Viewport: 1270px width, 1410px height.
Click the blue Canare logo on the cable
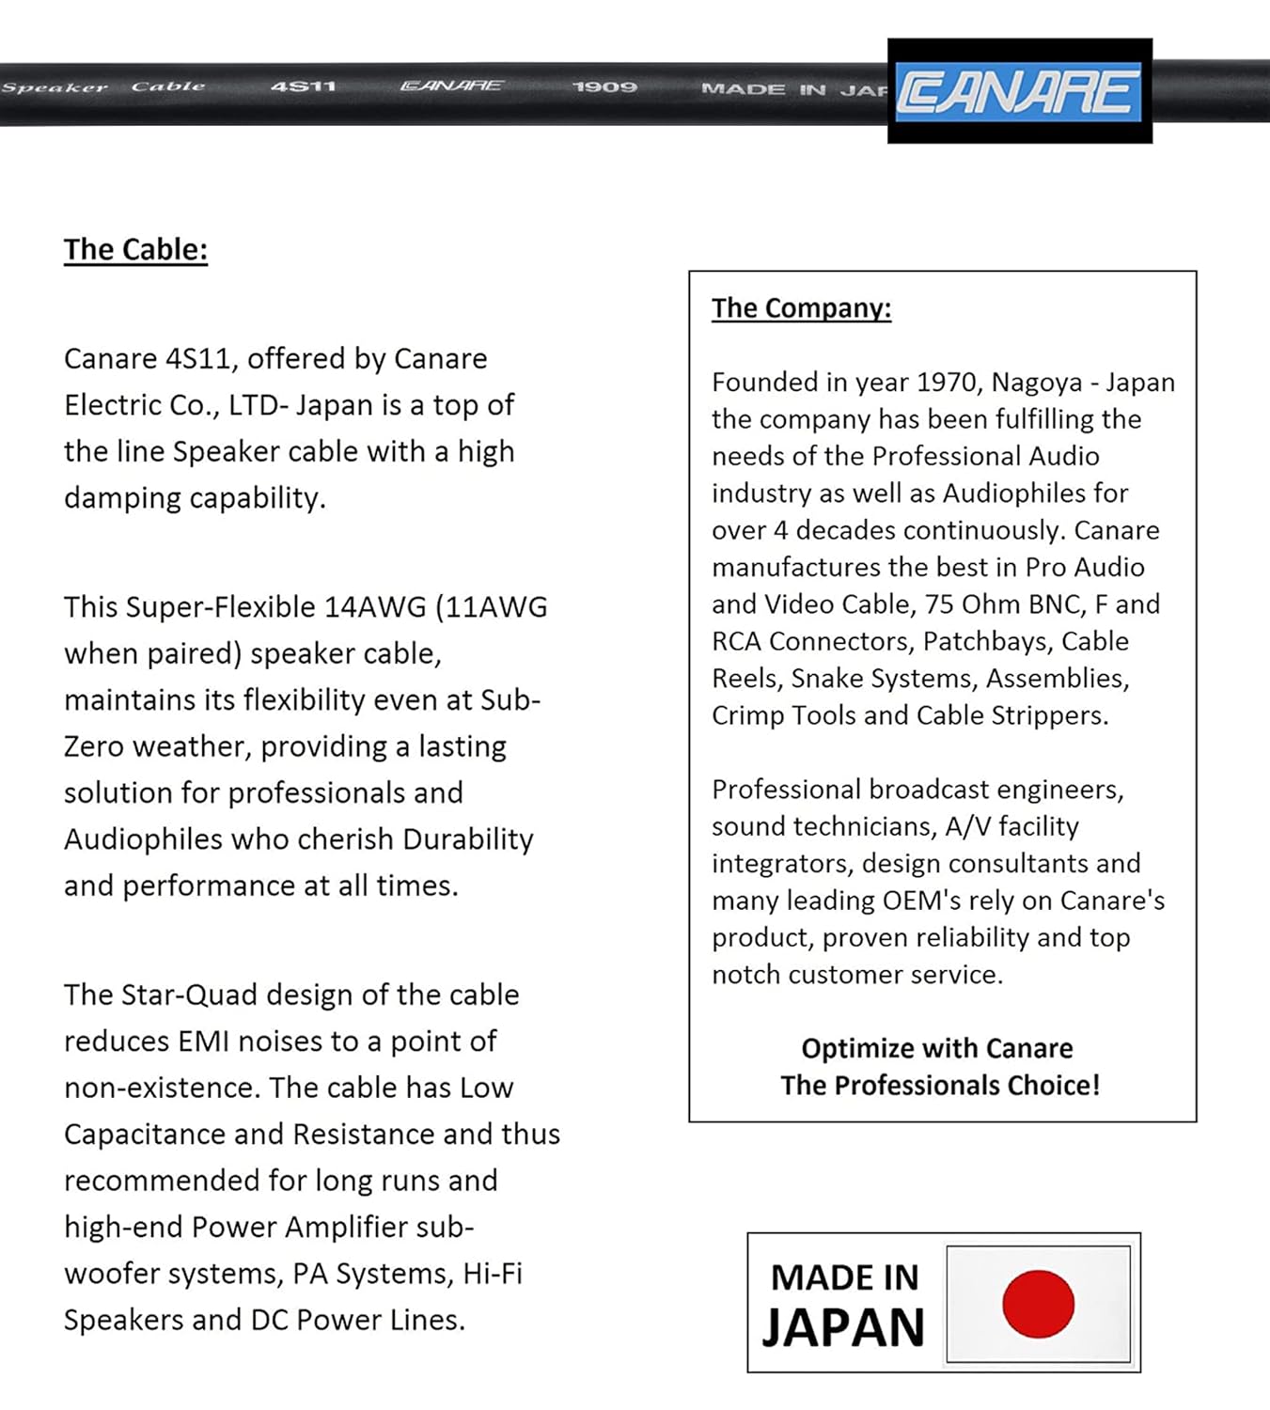(x=1018, y=91)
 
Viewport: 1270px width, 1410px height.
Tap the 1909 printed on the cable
(x=604, y=87)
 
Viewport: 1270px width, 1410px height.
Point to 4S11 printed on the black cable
(x=303, y=86)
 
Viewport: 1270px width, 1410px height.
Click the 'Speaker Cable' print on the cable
(x=103, y=87)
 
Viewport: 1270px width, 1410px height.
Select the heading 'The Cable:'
(x=135, y=249)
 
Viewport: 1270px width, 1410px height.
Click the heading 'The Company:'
(x=801, y=308)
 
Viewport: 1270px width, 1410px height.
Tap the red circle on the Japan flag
(x=1038, y=1304)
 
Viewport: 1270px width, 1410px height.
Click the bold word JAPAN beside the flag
(x=843, y=1327)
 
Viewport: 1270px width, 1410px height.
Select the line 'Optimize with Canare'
(x=937, y=1048)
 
